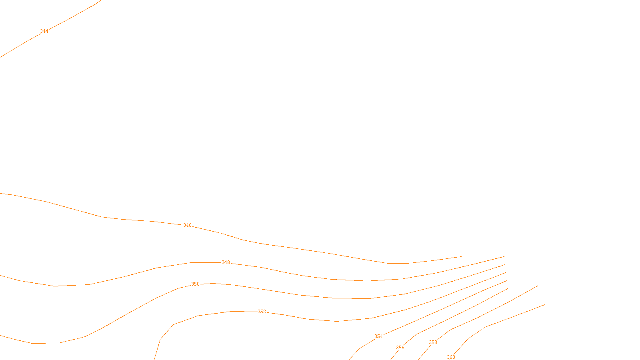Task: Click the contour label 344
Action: click(44, 31)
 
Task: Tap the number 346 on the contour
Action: click(187, 225)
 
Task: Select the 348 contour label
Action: click(226, 262)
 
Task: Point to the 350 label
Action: click(195, 284)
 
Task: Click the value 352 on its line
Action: click(262, 312)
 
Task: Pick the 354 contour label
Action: click(378, 336)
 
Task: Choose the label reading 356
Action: click(400, 348)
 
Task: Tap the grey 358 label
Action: click(433, 342)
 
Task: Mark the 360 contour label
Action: click(451, 357)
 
